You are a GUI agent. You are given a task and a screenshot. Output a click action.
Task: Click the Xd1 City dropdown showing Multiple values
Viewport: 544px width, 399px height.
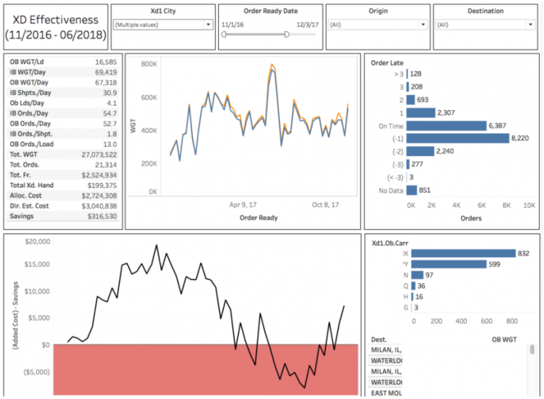click(x=163, y=24)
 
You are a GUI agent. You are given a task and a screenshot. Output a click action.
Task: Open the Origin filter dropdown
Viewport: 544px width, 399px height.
click(x=377, y=24)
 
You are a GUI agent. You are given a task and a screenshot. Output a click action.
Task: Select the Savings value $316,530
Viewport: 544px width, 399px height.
click(x=103, y=216)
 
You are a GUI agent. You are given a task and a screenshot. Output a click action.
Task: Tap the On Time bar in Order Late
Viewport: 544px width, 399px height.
click(x=448, y=125)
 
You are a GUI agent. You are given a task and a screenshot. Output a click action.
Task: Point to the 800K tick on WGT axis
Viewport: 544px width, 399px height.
click(x=149, y=64)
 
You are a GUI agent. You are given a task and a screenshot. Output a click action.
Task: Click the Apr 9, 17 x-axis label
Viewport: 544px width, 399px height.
click(x=244, y=204)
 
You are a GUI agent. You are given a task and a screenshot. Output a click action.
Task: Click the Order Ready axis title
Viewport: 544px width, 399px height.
click(x=259, y=218)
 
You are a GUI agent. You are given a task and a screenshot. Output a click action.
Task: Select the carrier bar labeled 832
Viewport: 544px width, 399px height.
click(x=463, y=253)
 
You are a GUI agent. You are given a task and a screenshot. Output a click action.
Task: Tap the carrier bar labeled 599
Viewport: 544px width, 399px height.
click(x=448, y=264)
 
